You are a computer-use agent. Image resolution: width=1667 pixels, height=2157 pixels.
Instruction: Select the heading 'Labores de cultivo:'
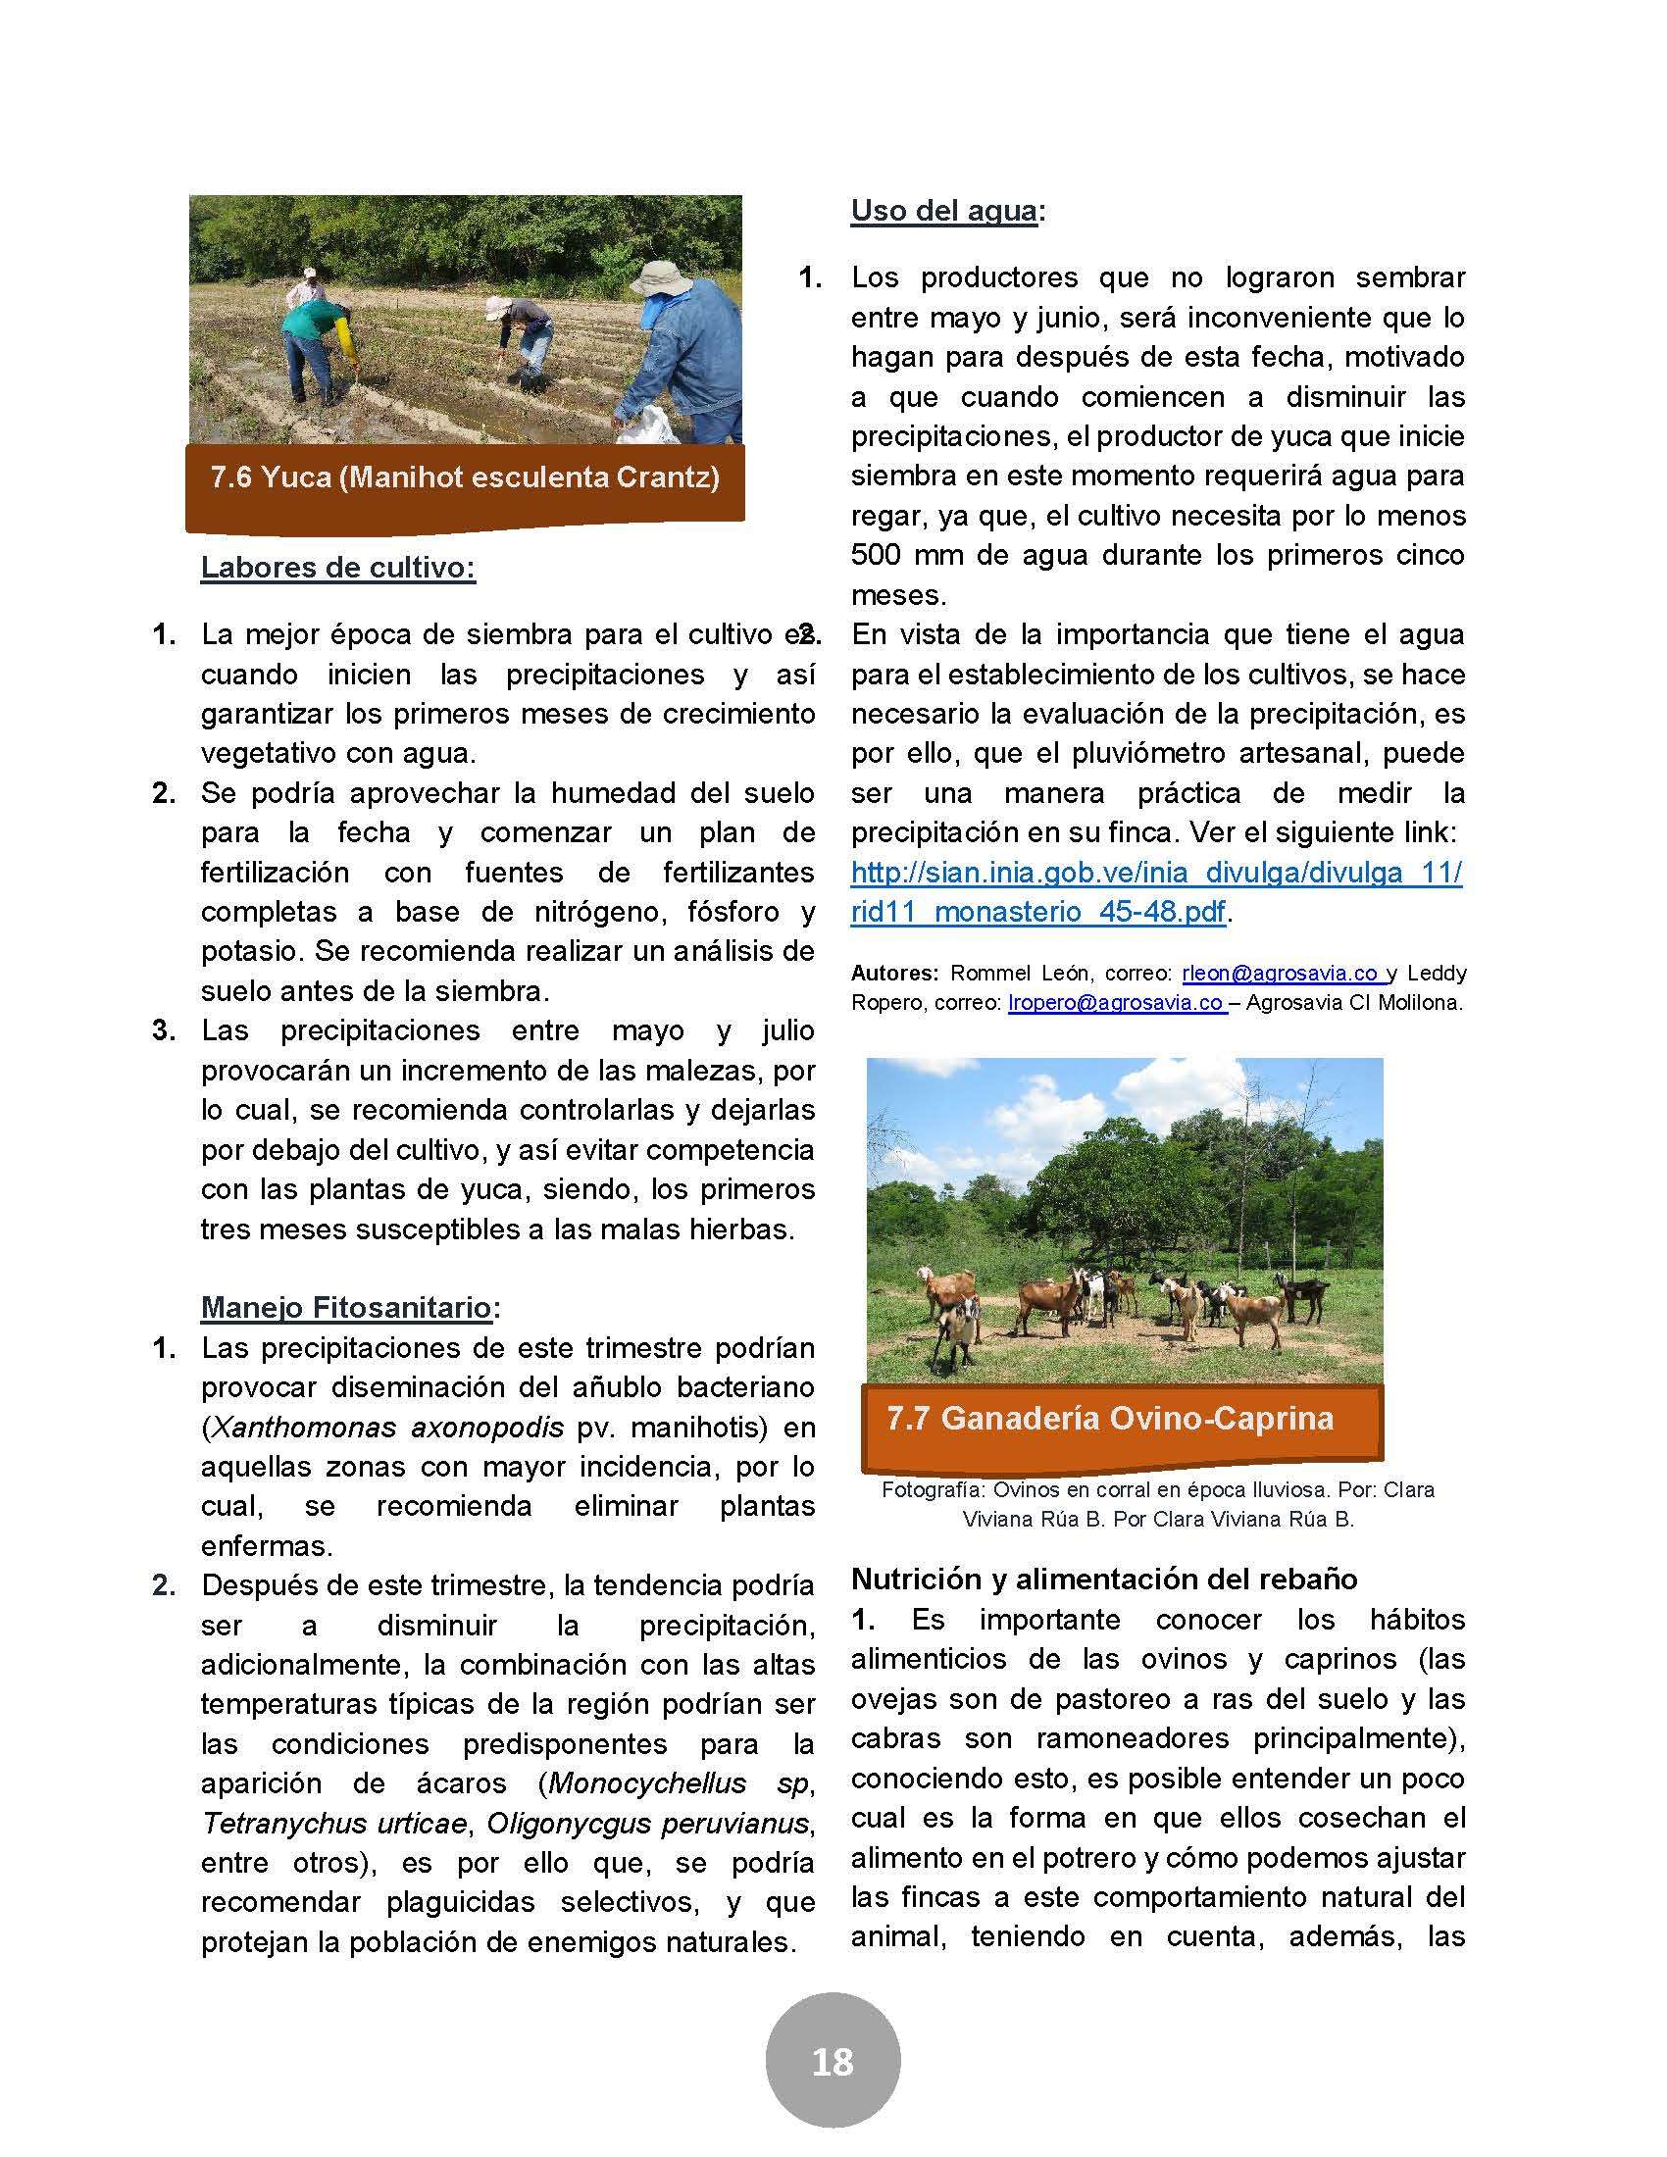[x=337, y=568]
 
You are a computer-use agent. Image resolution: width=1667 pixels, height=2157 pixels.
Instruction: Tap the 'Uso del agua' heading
[x=943, y=211]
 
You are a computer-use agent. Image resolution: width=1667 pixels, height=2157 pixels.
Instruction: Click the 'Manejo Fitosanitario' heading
[x=345, y=1307]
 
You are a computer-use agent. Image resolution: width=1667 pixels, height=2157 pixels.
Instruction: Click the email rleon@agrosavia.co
[x=1283, y=973]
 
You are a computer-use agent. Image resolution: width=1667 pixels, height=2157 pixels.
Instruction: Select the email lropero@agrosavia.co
[x=1115, y=1002]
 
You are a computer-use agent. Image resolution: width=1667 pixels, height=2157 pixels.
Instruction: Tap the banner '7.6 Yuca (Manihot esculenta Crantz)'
[x=464, y=478]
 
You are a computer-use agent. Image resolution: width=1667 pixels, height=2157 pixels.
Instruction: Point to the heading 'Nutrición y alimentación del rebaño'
[x=1103, y=1579]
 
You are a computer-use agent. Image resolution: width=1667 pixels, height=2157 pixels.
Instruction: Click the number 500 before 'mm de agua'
[x=876, y=555]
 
